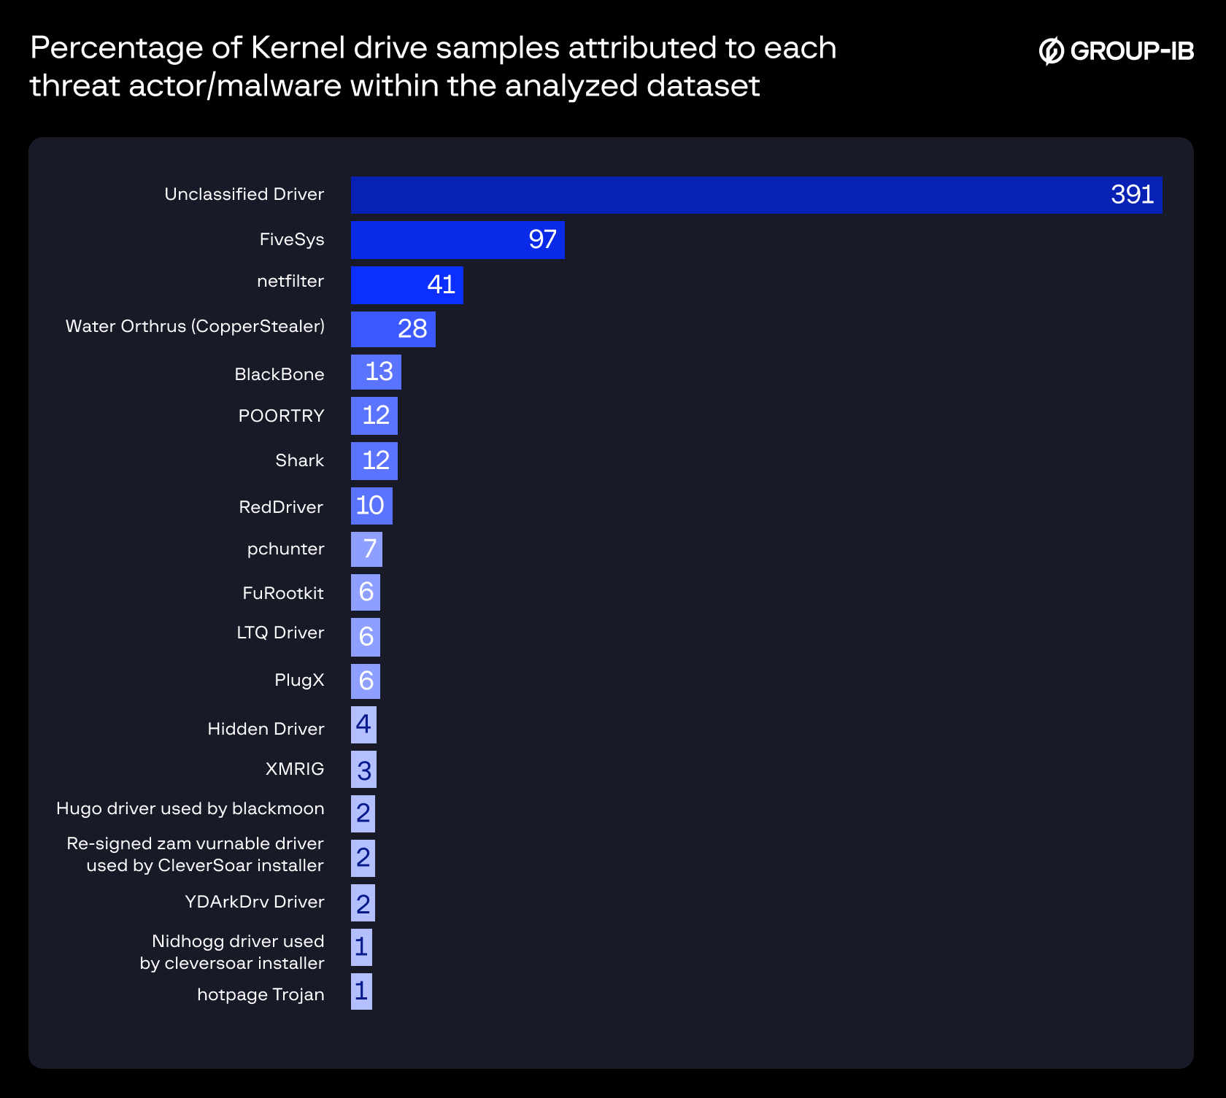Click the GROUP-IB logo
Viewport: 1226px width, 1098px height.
[1116, 50]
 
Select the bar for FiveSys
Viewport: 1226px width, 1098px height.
[457, 240]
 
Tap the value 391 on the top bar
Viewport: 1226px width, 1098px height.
[1132, 195]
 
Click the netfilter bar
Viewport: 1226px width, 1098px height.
[406, 285]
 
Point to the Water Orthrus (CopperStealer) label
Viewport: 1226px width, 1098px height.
[195, 326]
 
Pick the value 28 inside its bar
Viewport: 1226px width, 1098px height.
[412, 329]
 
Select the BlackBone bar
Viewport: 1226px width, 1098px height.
[376, 372]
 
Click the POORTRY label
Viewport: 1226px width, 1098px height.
[281, 416]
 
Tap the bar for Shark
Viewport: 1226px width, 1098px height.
[374, 460]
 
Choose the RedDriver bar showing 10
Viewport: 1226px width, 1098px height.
[371, 506]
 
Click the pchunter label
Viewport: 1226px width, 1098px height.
[285, 549]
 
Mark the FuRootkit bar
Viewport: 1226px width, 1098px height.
[365, 592]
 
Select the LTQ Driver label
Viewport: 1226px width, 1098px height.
[280, 633]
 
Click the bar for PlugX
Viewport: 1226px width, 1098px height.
[365, 681]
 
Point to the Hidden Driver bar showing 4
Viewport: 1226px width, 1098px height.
[363, 724]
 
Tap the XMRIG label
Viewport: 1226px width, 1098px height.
[295, 769]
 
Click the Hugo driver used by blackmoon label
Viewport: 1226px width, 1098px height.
[190, 808]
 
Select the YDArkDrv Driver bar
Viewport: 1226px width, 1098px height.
[363, 903]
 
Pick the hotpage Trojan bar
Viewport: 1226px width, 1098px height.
[361, 991]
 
